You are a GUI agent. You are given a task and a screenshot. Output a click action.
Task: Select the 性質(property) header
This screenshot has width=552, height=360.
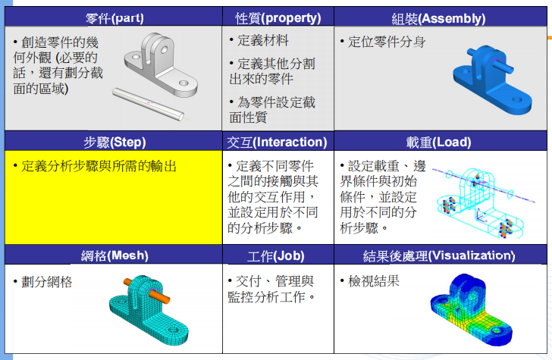point(278,17)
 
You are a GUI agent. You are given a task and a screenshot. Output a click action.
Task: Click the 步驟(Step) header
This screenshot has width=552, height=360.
point(114,142)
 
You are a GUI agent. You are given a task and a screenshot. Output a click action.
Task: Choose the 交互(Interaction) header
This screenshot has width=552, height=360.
point(278,142)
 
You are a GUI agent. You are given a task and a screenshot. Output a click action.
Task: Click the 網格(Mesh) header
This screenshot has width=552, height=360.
point(114,255)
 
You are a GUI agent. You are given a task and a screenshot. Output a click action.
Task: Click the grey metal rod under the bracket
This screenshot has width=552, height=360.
point(148,104)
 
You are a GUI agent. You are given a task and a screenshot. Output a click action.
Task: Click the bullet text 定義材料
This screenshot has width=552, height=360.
point(262,40)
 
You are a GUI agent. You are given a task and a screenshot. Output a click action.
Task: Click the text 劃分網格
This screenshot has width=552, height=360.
point(47,282)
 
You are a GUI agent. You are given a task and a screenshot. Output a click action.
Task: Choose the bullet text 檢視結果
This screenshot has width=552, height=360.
point(374,281)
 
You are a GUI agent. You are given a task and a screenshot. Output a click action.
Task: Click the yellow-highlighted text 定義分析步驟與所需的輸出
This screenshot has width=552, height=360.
point(99,165)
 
